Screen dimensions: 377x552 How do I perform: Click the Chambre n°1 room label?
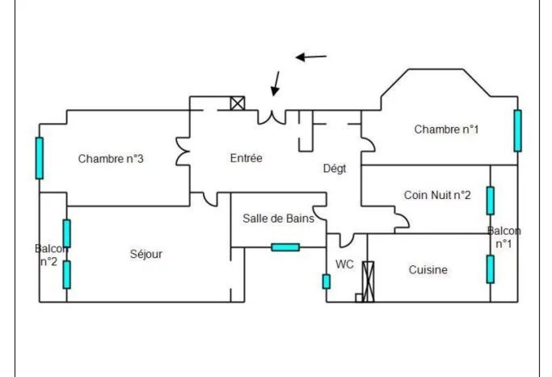tap(446, 130)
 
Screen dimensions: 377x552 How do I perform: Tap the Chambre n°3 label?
tap(110, 159)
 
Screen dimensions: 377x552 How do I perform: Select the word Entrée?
tap(246, 158)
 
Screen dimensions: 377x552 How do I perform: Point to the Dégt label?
tap(334, 169)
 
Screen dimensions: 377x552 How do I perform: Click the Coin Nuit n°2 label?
tap(437, 195)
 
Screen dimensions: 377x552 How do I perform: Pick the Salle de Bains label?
tap(278, 218)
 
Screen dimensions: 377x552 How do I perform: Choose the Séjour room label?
tap(146, 254)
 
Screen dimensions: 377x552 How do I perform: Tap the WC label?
tap(344, 265)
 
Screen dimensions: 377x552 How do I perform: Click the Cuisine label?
tap(428, 270)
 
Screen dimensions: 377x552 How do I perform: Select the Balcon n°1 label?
tap(504, 237)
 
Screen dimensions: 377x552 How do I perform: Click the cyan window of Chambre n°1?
tap(517, 131)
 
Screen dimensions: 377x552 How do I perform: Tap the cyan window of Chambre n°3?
tap(39, 158)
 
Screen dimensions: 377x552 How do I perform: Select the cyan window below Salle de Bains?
tap(285, 247)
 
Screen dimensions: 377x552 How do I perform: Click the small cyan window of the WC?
tap(326, 282)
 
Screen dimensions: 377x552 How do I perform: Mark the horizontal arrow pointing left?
tap(311, 57)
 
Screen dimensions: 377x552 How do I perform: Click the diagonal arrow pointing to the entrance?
tap(276, 83)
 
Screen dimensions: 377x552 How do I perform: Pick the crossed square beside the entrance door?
tap(237, 103)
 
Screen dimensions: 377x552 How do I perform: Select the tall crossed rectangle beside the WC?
tap(368, 282)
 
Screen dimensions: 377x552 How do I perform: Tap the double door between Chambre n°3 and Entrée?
tap(183, 151)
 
